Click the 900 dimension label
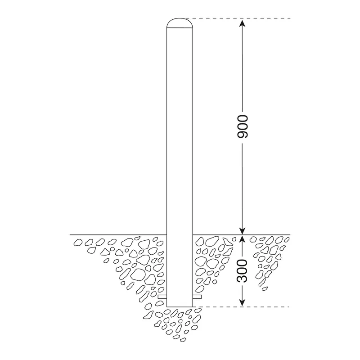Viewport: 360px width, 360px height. click(242, 126)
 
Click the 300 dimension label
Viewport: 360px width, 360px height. click(242, 271)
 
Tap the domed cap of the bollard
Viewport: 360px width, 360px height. click(180, 23)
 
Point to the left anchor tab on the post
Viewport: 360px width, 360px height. click(162, 297)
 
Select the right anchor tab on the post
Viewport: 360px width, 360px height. click(197, 297)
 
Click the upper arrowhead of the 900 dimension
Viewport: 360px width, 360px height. click(242, 23)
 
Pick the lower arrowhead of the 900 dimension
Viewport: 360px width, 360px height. click(242, 231)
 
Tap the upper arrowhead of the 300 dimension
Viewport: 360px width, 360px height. click(242, 239)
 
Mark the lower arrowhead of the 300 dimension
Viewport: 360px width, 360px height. click(242, 303)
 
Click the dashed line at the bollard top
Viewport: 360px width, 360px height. click(238, 18)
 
